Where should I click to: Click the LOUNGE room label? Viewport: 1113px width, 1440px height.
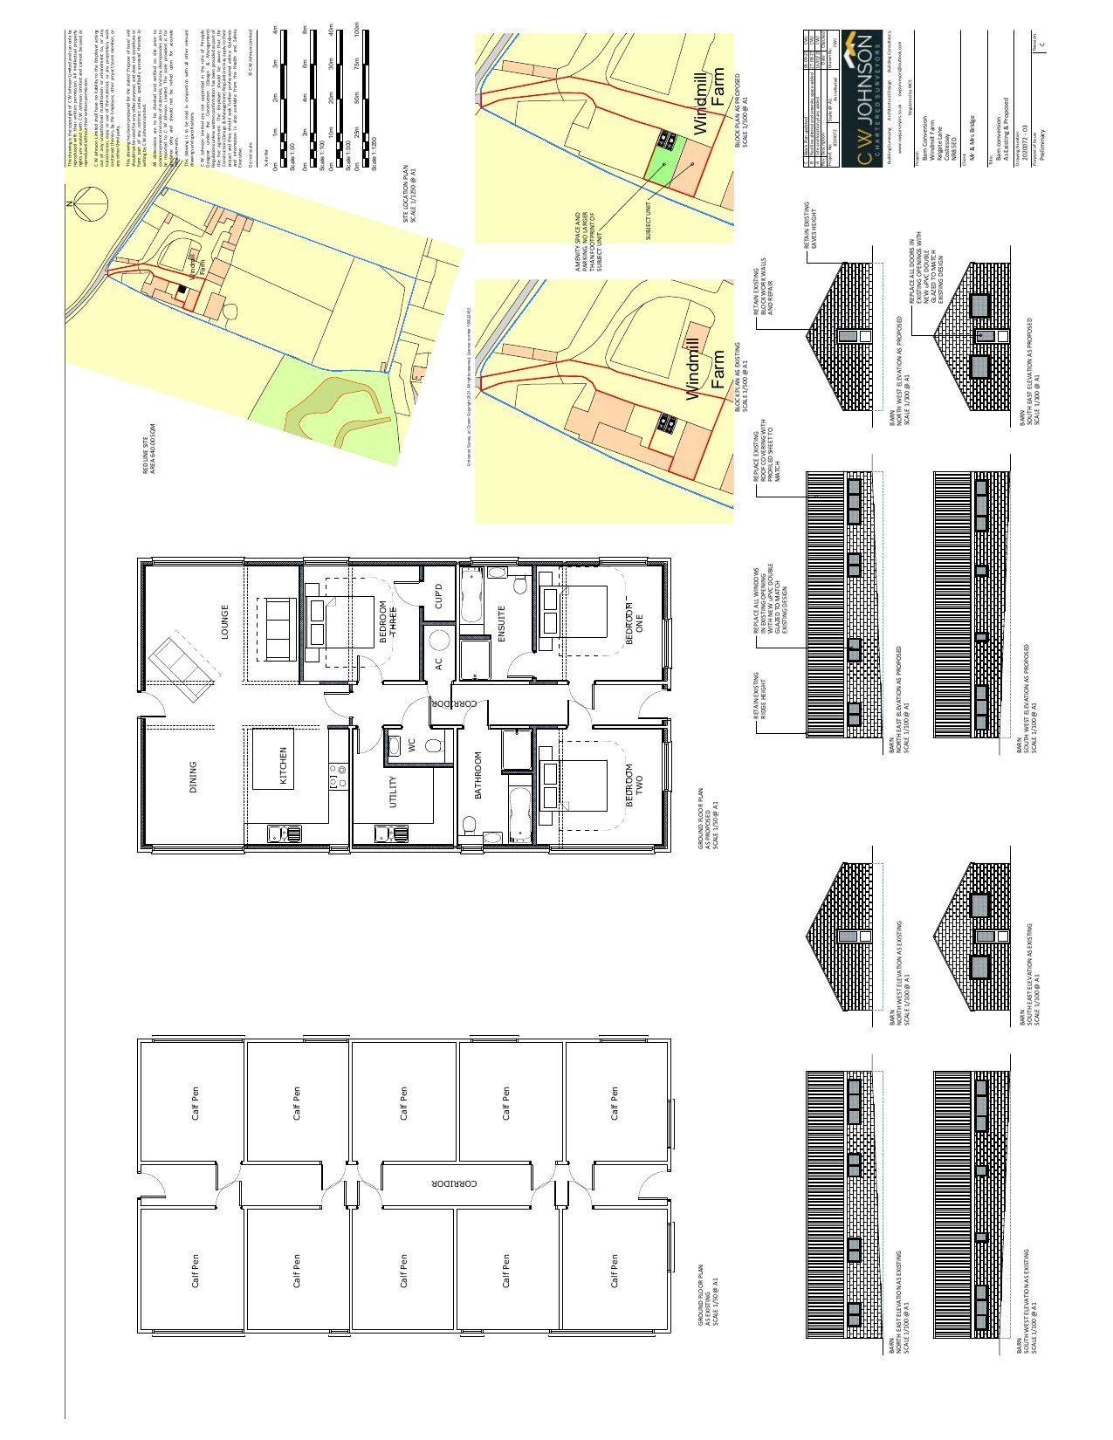pos(224,622)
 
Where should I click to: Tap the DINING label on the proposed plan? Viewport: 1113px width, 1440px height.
pos(193,777)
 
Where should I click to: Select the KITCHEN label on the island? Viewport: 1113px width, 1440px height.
pos(283,765)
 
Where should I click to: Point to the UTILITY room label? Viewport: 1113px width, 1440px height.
pos(393,792)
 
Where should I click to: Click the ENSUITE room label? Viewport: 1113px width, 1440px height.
pos(502,623)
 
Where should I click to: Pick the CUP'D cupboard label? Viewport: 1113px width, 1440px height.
pos(439,595)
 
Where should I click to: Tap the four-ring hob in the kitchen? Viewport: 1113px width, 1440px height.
pos(337,774)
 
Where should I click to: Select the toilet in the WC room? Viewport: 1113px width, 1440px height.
pos(434,745)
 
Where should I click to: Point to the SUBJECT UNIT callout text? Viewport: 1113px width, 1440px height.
pos(649,221)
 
